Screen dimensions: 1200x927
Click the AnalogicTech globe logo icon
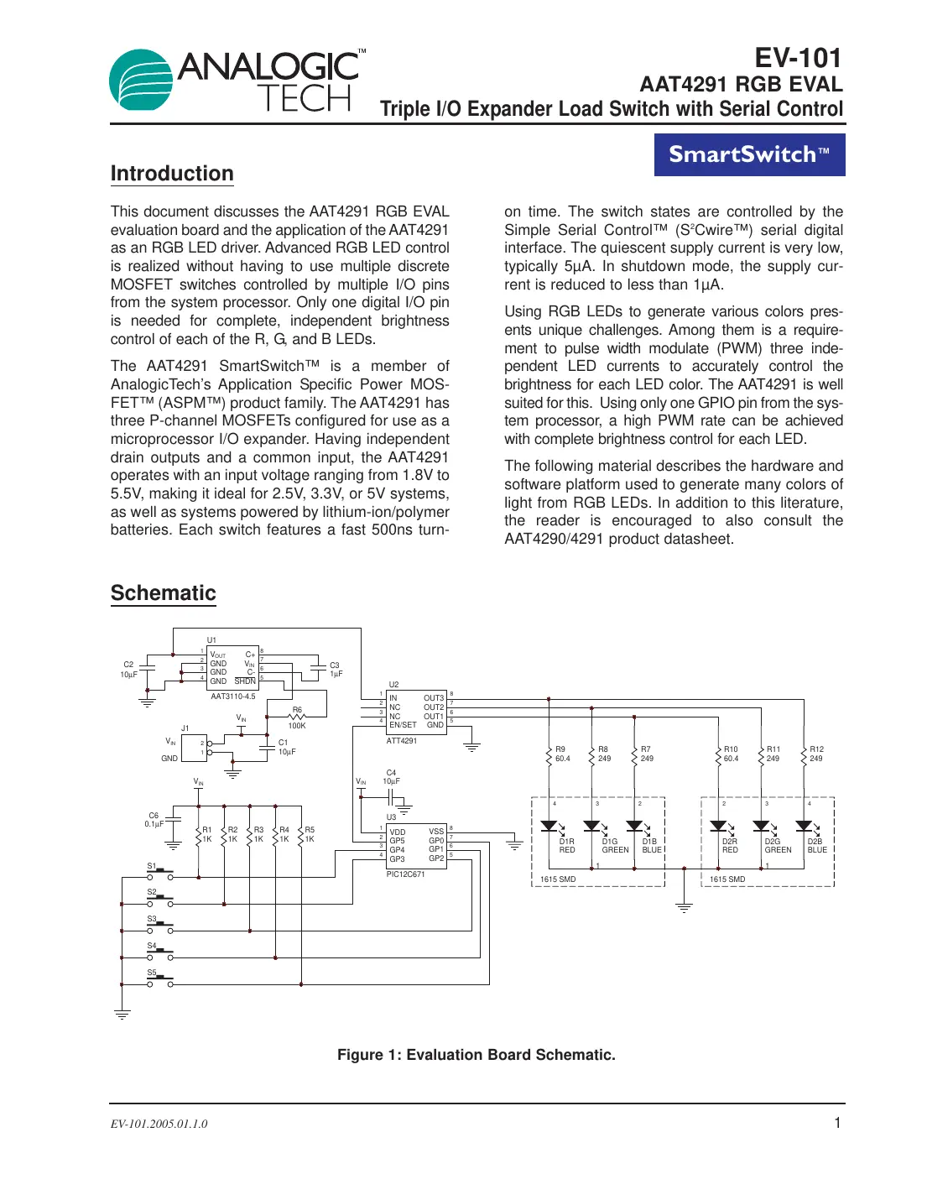point(142,81)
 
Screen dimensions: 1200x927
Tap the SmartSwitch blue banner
point(749,154)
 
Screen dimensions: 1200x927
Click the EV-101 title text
point(798,58)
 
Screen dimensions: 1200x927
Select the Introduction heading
point(172,174)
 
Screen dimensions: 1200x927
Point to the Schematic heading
point(164,593)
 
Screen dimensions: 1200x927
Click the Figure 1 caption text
point(476,1055)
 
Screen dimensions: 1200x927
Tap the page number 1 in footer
point(836,1123)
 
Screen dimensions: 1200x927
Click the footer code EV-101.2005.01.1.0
point(159,1124)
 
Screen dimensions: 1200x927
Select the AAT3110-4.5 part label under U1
point(233,697)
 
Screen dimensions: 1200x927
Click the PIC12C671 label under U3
point(405,874)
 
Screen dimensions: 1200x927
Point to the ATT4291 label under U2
point(402,741)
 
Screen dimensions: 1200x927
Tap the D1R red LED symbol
point(549,827)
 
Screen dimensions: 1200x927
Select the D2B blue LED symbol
point(804,827)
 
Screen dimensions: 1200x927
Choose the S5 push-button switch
point(159,981)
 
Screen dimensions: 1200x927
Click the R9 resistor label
point(560,749)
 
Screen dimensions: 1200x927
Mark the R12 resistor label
point(816,749)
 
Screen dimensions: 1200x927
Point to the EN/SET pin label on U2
point(403,725)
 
